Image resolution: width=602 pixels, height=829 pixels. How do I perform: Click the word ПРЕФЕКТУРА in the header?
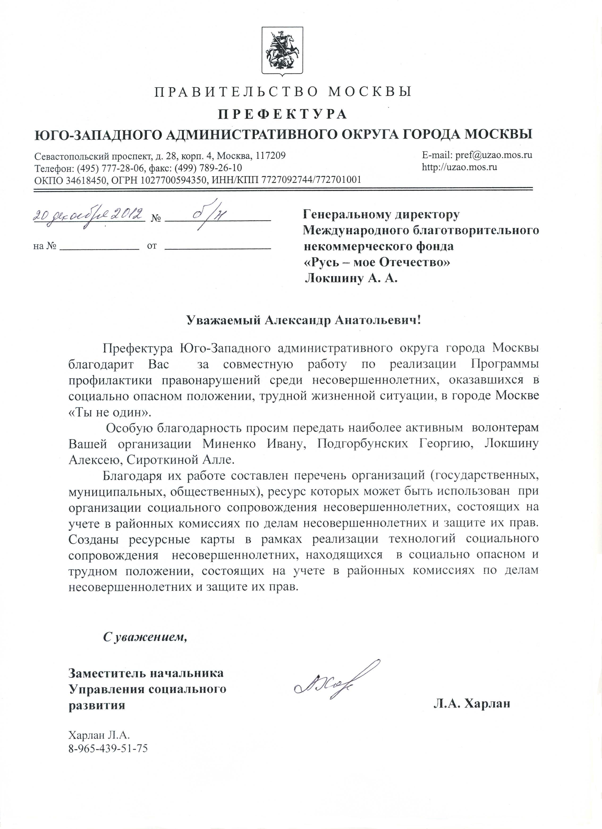[282, 114]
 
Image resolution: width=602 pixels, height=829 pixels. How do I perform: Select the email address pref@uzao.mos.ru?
[493, 155]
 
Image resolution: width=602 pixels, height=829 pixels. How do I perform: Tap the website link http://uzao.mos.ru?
[460, 168]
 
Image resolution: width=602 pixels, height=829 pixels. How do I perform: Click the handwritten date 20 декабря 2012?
[88, 216]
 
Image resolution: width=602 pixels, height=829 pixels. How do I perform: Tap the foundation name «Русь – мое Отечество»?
[377, 262]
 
